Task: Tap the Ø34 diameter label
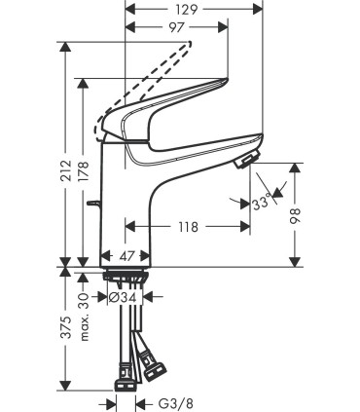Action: pyautogui.click(x=128, y=296)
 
